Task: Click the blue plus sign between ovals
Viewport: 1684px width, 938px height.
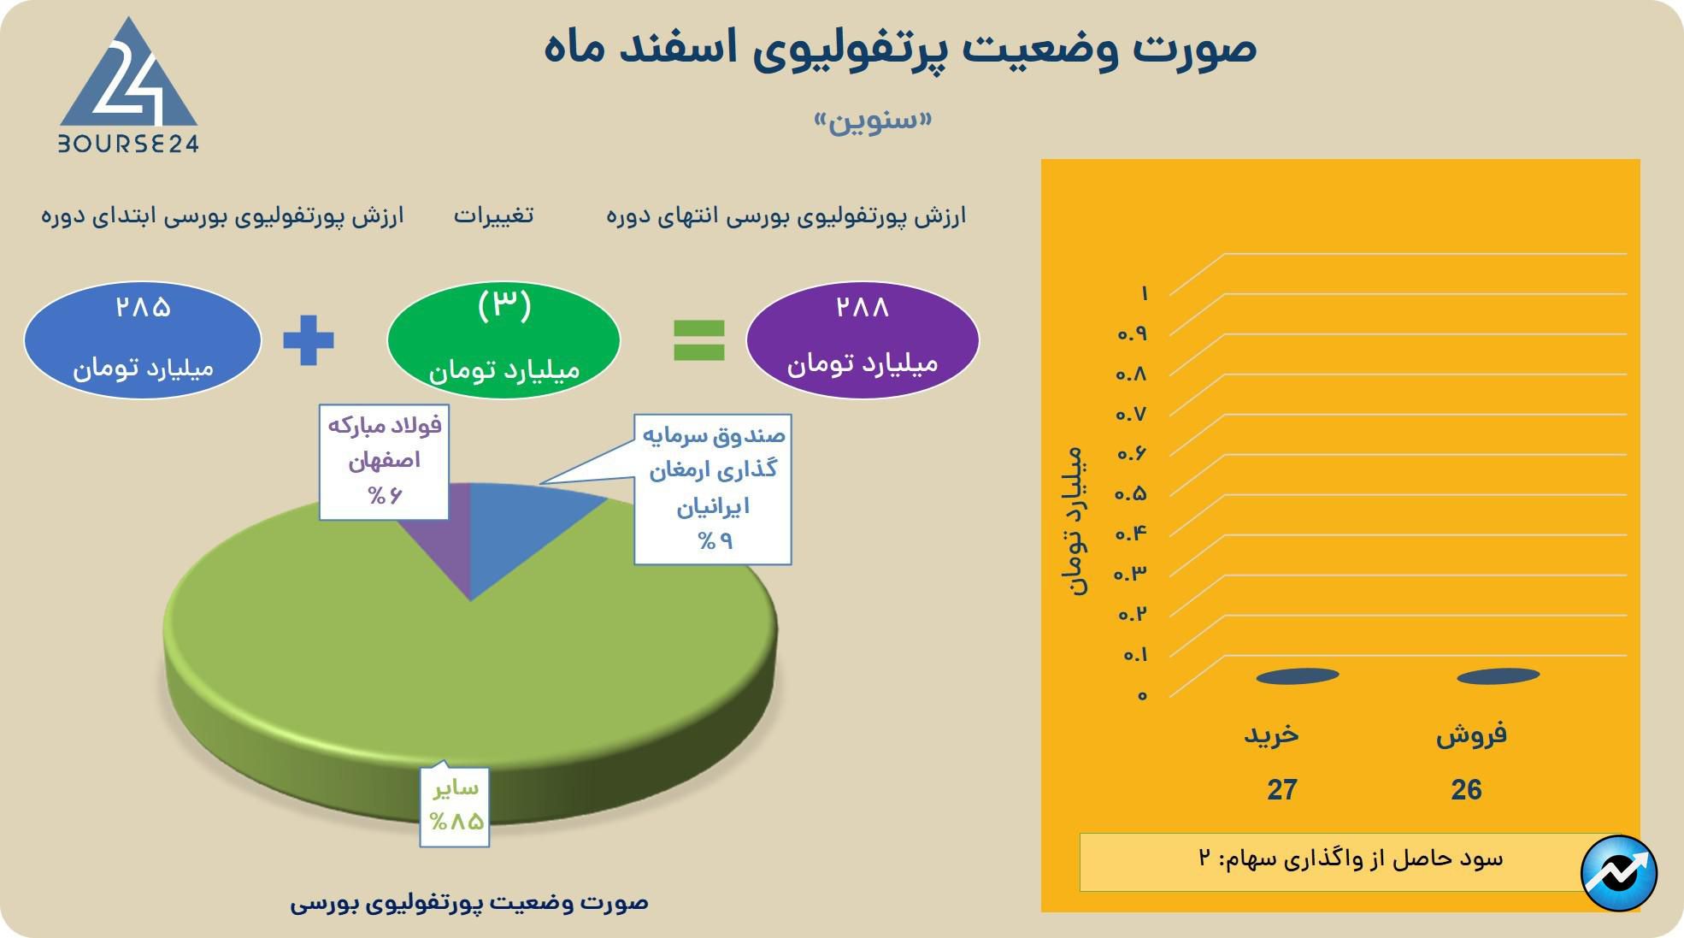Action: tap(309, 340)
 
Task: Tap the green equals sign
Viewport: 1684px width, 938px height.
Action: tap(699, 340)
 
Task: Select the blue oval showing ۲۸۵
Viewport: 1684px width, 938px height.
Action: tap(143, 340)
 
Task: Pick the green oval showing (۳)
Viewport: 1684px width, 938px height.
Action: tap(503, 340)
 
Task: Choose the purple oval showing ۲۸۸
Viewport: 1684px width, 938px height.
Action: tap(862, 339)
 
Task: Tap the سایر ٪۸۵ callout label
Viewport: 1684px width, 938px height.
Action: tap(454, 805)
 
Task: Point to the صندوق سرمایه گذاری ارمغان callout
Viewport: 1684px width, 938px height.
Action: tap(713, 488)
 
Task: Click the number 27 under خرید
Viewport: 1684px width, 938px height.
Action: tap(1281, 790)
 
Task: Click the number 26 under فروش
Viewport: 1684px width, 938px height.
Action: tap(1466, 790)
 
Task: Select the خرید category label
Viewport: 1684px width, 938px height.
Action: tap(1271, 734)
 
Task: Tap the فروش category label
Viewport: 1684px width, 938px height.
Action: tap(1471, 734)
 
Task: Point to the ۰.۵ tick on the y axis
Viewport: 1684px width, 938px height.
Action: tap(1131, 494)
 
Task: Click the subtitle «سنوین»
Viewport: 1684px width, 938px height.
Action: tap(872, 120)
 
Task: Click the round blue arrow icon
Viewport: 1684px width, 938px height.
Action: tap(1619, 873)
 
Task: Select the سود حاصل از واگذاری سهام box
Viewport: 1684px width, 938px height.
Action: tap(1334, 860)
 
